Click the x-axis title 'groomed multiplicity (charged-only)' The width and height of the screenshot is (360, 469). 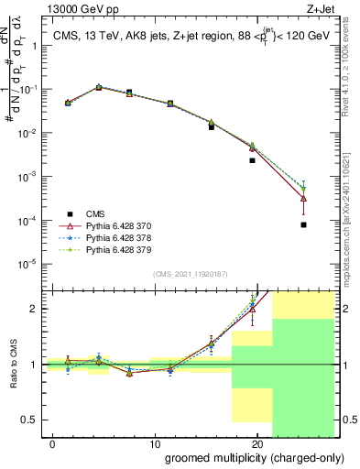243,457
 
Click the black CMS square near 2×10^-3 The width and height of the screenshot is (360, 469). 252,160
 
